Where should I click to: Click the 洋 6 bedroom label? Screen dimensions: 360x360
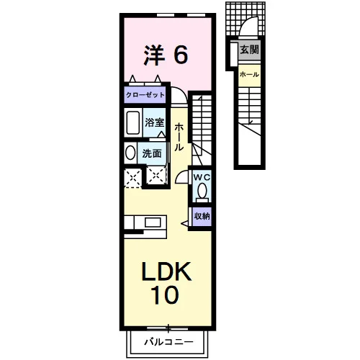(166, 55)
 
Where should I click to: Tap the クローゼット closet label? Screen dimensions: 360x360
(145, 95)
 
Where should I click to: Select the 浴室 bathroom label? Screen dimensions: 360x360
(154, 122)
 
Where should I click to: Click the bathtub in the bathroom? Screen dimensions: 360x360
(133, 122)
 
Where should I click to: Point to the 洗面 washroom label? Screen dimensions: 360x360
(152, 153)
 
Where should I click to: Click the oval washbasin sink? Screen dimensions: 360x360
(130, 153)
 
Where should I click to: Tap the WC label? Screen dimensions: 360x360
(202, 178)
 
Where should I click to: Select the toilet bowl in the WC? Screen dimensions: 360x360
(202, 191)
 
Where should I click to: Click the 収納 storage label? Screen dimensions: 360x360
(202, 216)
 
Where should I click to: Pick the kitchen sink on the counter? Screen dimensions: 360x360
(153, 222)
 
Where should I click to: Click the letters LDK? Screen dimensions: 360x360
(166, 271)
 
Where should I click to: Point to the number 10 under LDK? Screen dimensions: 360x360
(165, 294)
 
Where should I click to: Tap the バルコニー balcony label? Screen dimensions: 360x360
(168, 342)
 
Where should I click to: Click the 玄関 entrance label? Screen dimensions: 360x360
(250, 50)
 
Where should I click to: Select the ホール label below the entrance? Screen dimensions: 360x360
(249, 74)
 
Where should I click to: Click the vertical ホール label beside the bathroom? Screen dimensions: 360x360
(179, 137)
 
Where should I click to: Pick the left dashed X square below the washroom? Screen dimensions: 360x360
(133, 178)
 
